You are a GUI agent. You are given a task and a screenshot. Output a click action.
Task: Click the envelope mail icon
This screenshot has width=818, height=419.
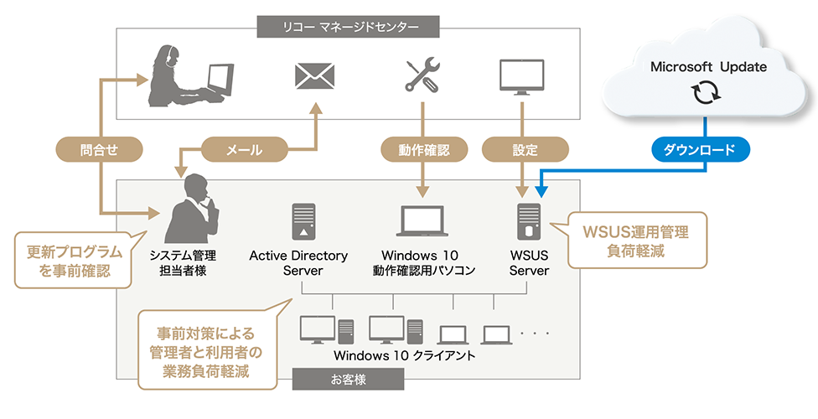point(314,76)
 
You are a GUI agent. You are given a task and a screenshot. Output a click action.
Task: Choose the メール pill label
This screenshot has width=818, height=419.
point(245,150)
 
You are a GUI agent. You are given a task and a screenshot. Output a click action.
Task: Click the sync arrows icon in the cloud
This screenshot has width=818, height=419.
point(703,94)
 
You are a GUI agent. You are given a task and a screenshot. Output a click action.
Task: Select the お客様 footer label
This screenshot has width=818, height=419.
point(347,380)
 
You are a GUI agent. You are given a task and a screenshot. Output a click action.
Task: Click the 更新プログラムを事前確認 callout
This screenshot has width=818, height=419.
point(69,259)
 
